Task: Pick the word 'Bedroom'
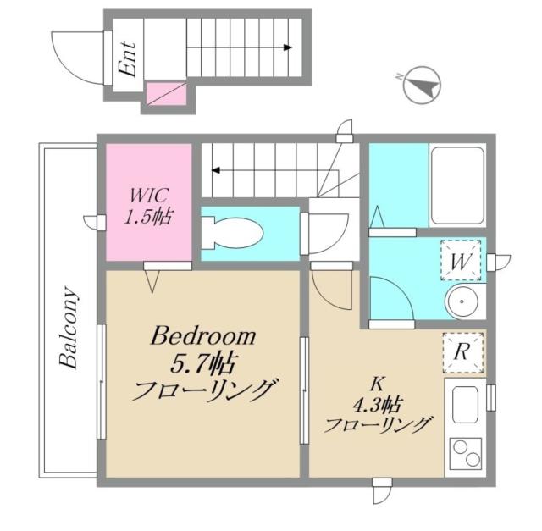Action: coord(203,337)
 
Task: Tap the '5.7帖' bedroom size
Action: coord(204,365)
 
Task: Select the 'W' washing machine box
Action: coord(461,261)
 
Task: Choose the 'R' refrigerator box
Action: coord(462,353)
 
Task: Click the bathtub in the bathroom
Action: coord(457,185)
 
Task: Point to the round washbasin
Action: coord(463,301)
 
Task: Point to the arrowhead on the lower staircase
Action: coord(216,170)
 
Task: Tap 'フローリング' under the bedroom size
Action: coord(204,392)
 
